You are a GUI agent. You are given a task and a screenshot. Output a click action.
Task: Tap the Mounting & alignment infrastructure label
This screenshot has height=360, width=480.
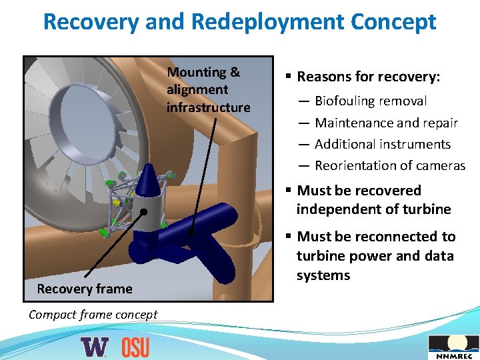click(x=208, y=90)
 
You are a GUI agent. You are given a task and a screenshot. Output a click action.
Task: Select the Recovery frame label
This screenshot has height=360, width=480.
click(x=85, y=289)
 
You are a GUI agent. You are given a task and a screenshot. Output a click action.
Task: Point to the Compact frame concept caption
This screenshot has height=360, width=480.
click(x=93, y=315)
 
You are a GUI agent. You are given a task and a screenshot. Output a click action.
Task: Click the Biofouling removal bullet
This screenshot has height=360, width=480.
click(x=371, y=101)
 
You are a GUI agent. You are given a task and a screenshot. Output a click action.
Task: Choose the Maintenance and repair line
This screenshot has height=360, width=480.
click(x=386, y=123)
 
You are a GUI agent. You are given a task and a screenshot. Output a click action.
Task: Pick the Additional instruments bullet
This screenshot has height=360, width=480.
click(x=383, y=144)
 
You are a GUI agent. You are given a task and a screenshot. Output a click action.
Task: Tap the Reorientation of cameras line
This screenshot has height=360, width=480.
click(x=390, y=165)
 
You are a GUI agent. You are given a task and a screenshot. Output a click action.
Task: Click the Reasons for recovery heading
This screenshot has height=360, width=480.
click(x=368, y=77)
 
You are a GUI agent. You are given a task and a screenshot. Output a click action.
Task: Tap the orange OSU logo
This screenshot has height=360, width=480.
click(x=135, y=347)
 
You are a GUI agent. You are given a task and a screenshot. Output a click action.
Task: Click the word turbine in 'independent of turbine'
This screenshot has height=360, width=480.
click(x=427, y=209)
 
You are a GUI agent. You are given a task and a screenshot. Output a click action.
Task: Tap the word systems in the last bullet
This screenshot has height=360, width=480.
click(x=323, y=275)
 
